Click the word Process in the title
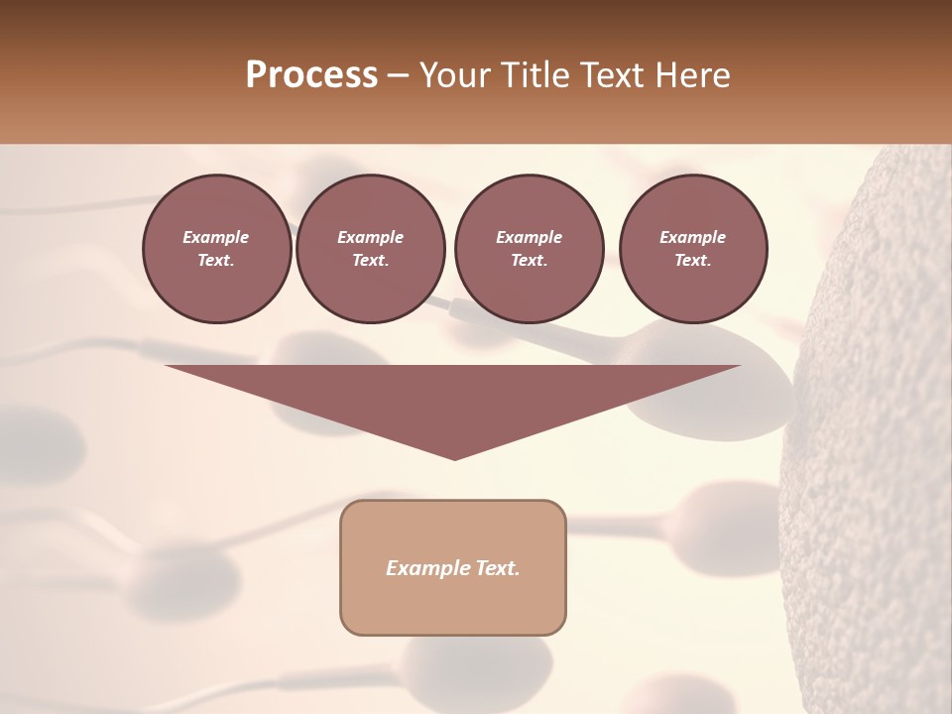[311, 75]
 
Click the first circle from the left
[216, 249]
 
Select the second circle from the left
[370, 249]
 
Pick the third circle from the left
[529, 249]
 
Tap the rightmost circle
[693, 249]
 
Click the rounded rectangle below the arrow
[453, 567]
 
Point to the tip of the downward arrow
[454, 458]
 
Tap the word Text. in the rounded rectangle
[496, 568]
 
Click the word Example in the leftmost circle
[216, 237]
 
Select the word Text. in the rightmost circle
[693, 261]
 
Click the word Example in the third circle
[529, 237]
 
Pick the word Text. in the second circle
[370, 261]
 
